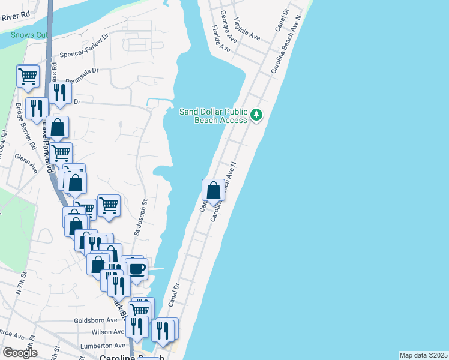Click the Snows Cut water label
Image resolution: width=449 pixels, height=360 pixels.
tap(28, 35)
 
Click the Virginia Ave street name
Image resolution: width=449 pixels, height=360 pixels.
tap(247, 28)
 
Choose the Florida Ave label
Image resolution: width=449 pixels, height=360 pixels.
tap(221, 38)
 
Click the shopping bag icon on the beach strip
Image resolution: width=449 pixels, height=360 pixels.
tap(213, 190)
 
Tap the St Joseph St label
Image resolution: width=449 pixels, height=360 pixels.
tap(144, 218)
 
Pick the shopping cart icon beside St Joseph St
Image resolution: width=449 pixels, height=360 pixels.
tap(109, 205)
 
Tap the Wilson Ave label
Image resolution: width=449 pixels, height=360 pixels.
tap(108, 331)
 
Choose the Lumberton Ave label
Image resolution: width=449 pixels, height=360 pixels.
tap(106, 346)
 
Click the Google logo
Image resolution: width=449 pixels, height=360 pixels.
tap(20, 353)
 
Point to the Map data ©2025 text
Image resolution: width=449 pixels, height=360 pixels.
tap(423, 355)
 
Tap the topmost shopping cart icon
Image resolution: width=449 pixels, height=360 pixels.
tap(28, 76)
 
